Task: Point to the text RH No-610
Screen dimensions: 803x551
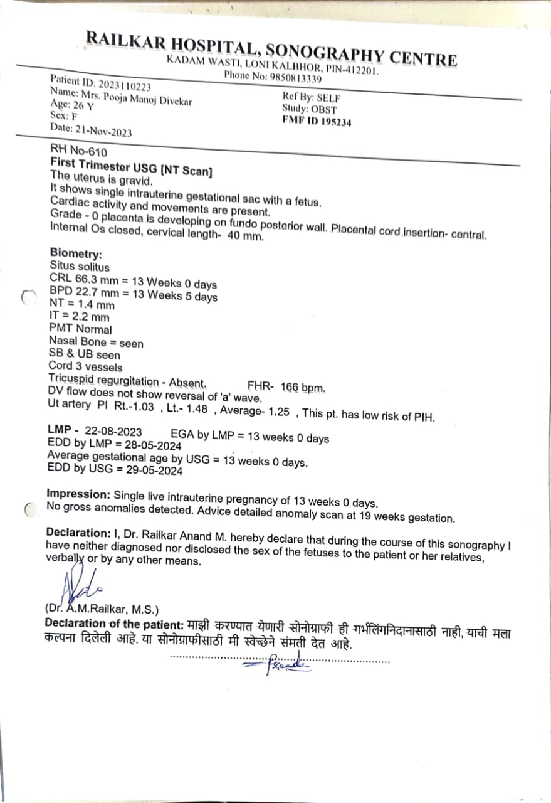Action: click(78, 152)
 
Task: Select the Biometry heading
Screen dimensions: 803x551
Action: click(75, 254)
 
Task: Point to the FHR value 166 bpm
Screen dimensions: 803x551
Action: click(302, 387)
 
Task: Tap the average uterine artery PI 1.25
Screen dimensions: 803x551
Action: click(278, 413)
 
